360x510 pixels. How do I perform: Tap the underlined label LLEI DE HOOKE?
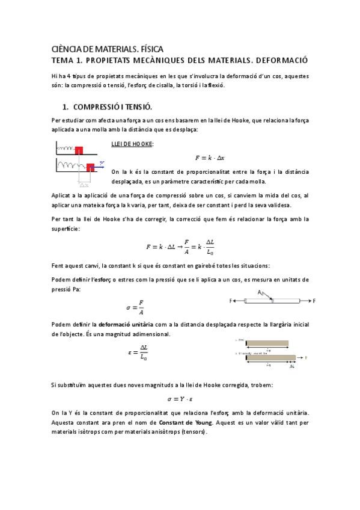[x=132, y=144]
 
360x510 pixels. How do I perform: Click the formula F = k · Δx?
[x=210, y=158]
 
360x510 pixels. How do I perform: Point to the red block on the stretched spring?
[x=91, y=167]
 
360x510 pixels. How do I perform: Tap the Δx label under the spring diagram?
[x=84, y=184]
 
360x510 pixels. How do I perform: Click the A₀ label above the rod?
[x=261, y=292]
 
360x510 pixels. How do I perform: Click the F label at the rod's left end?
[x=231, y=300]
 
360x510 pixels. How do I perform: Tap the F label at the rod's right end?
[x=314, y=300]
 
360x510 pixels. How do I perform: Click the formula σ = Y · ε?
[x=180, y=398]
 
